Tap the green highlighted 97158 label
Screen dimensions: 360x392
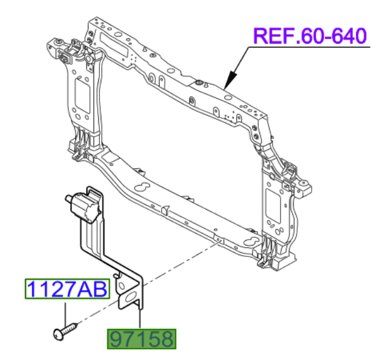click(x=141, y=338)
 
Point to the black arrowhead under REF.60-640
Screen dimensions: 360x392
click(x=228, y=84)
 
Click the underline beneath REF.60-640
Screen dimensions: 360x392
click(x=310, y=48)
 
